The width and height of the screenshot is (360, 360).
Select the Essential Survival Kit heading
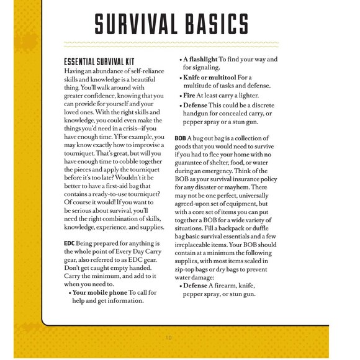point(99,63)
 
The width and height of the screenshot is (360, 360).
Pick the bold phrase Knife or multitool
point(209,77)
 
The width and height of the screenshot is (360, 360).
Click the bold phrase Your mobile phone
point(100,292)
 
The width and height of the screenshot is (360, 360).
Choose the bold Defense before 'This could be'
point(198,106)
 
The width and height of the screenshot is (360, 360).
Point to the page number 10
point(168,338)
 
